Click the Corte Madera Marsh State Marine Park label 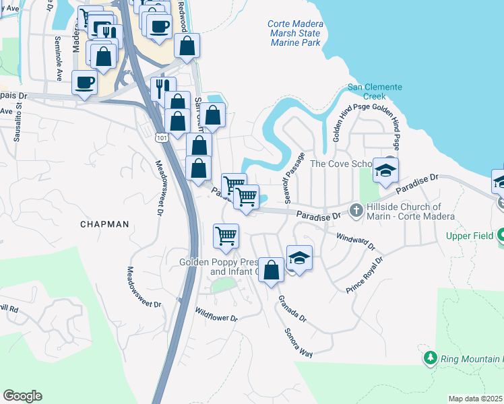click(x=295, y=33)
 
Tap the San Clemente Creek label click(x=375, y=92)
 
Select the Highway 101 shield click(x=160, y=137)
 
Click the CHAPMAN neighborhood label click(x=104, y=224)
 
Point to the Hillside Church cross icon click(x=356, y=210)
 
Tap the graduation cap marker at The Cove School click(x=386, y=170)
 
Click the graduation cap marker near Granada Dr click(x=299, y=258)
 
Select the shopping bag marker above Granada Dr click(x=271, y=270)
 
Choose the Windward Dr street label click(x=354, y=242)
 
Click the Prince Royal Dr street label click(x=365, y=275)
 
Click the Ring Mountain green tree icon click(x=430, y=357)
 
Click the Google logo click(x=22, y=395)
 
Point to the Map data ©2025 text click(x=475, y=399)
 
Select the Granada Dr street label click(x=291, y=308)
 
